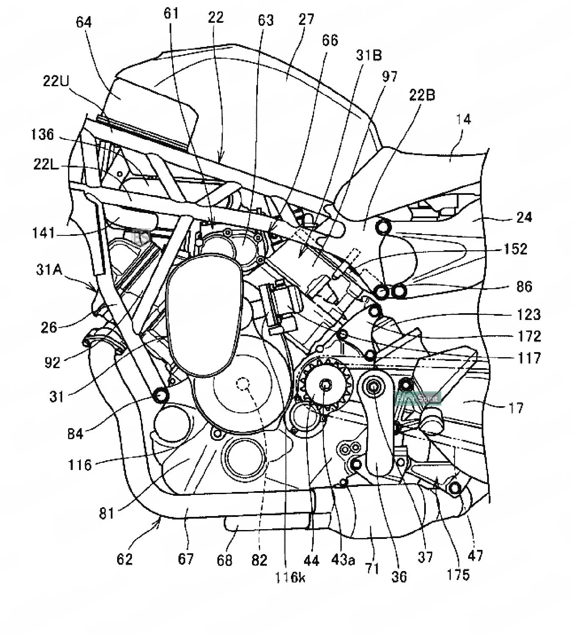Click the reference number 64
(84, 22)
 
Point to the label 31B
(369, 55)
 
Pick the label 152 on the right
(515, 249)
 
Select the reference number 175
(458, 574)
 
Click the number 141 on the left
(44, 233)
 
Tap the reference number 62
(125, 559)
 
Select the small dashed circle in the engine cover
(243, 383)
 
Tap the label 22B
(422, 96)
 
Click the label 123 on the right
(529, 314)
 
